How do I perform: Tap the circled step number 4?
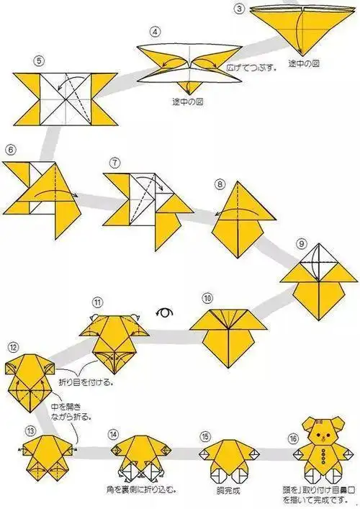coord(153,32)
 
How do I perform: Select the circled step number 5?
coord(29,60)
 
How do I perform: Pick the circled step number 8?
coord(219,184)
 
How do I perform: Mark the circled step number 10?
coord(207,297)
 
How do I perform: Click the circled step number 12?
coord(12,347)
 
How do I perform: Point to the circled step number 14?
coord(113,435)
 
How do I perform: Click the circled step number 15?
coord(205,436)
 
